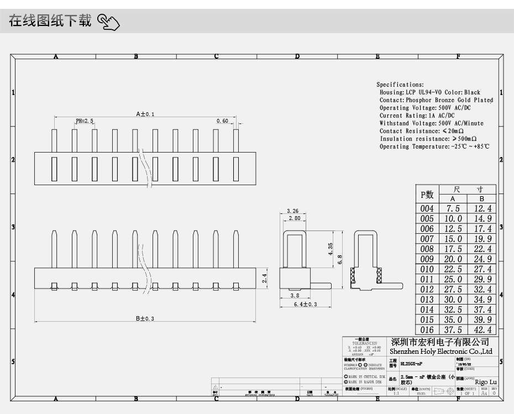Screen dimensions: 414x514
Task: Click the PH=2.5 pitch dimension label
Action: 84,120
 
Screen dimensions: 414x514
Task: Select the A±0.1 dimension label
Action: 145,114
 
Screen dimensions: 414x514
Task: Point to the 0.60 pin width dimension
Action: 222,120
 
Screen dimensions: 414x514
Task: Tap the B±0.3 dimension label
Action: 145,318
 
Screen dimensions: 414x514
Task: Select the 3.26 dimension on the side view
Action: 293,211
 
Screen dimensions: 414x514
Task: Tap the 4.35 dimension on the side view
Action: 330,249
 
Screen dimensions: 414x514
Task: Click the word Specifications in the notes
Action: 400,85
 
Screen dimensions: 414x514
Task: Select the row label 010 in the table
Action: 427,269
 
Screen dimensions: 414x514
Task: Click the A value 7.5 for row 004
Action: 453,209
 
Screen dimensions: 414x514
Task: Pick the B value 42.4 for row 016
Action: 482,330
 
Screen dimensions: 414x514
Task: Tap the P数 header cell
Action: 427,195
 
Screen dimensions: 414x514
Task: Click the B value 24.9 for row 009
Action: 482,259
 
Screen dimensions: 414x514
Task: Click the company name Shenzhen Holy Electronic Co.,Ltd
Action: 440,352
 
